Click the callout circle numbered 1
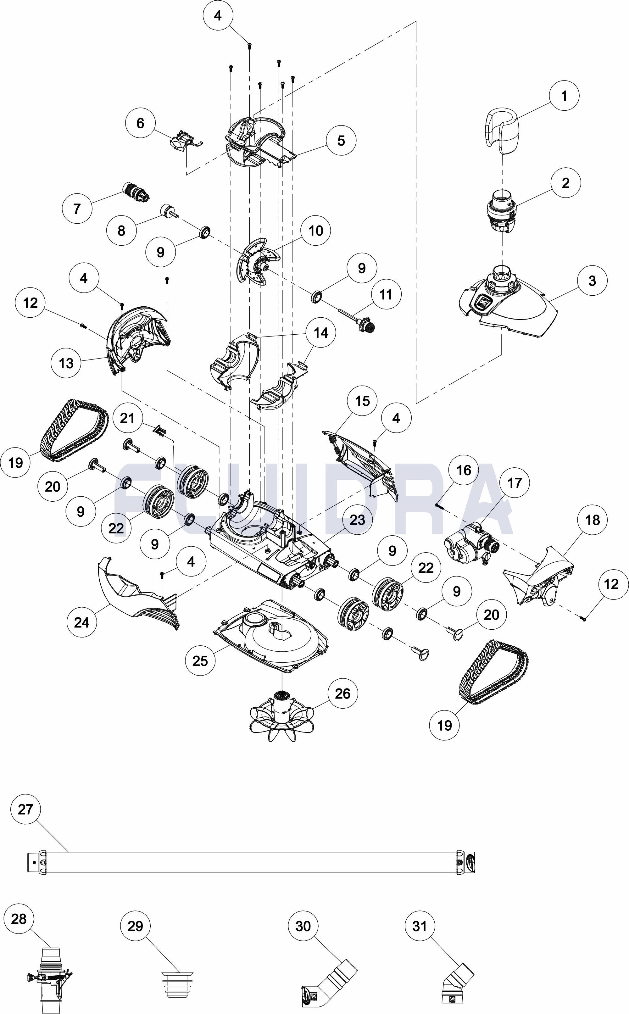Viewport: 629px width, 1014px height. (x=564, y=96)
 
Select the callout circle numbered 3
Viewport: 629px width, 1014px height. (x=592, y=281)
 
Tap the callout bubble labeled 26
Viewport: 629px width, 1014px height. (x=342, y=693)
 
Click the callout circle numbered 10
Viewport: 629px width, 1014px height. (x=316, y=231)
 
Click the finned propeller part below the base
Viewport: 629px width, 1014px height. (x=282, y=716)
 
